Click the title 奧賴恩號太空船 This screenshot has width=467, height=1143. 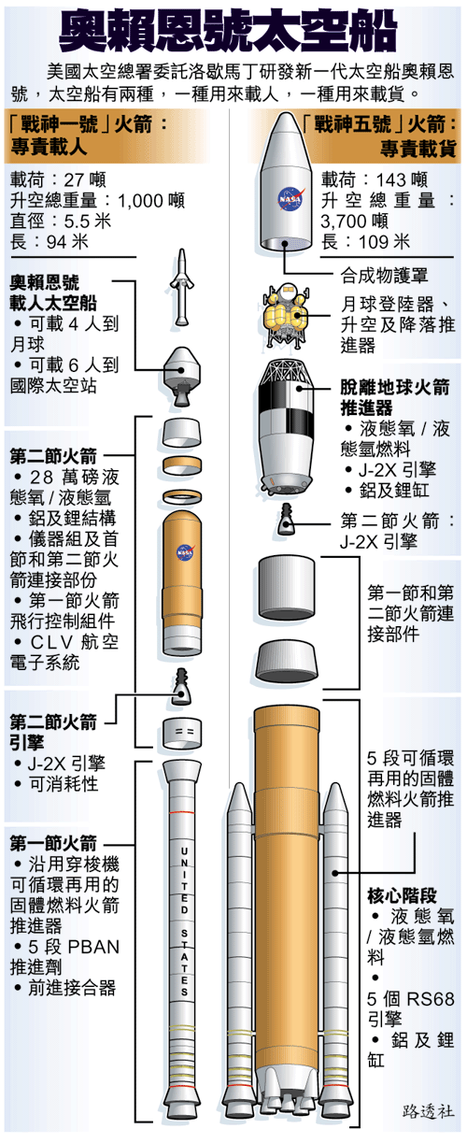point(228,31)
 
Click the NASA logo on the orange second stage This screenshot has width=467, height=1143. point(185,551)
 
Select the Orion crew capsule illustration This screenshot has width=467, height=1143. point(181,376)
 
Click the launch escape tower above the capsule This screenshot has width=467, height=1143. point(182,287)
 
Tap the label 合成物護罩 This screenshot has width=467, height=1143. point(385,276)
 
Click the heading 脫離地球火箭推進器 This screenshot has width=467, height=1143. point(395,397)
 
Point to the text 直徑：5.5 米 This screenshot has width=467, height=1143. point(61,221)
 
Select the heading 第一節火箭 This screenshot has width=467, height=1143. point(53,843)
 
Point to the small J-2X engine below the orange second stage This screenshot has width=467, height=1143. point(180,686)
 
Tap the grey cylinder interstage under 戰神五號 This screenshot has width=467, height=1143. point(286,587)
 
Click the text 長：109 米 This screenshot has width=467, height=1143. point(365,241)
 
